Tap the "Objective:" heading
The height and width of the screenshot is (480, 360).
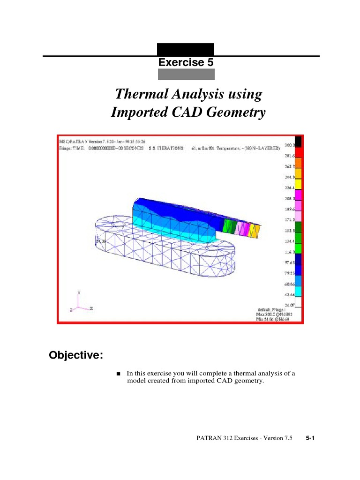pos(76,355)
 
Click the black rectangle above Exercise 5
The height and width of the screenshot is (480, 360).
pos(186,49)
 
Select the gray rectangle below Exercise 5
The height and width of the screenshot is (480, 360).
pos(186,74)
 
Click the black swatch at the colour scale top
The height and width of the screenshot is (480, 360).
pos(298,141)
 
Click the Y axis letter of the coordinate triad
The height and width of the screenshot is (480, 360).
pos(79,292)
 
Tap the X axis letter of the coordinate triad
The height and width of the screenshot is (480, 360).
pos(91,308)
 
